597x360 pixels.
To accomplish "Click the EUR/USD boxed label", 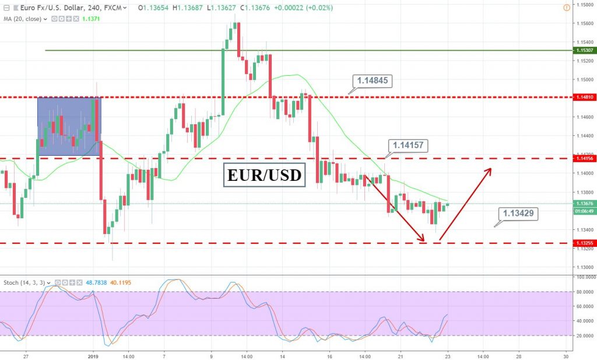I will pyautogui.click(x=264, y=174).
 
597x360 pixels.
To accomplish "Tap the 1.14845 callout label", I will pyautogui.click(x=374, y=81).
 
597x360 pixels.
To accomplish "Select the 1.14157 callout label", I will pyautogui.click(x=408, y=145).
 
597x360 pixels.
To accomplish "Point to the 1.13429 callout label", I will pyautogui.click(x=518, y=214).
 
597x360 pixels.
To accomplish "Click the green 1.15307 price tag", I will pyautogui.click(x=584, y=51).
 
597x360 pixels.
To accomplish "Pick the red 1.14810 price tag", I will pyautogui.click(x=584, y=97).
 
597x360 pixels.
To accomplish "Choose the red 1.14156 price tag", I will pyautogui.click(x=584, y=159).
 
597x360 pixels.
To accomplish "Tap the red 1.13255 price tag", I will pyautogui.click(x=584, y=243).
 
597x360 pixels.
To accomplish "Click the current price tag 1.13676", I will pyautogui.click(x=584, y=204).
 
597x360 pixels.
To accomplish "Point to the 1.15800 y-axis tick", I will pyautogui.click(x=584, y=5).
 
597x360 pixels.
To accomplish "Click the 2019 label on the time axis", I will pyautogui.click(x=94, y=355).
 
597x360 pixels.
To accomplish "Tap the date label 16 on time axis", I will pyautogui.click(x=329, y=355).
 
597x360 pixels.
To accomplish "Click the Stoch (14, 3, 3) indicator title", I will pyautogui.click(x=23, y=282).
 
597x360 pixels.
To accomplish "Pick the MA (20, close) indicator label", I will pyautogui.click(x=23, y=19).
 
